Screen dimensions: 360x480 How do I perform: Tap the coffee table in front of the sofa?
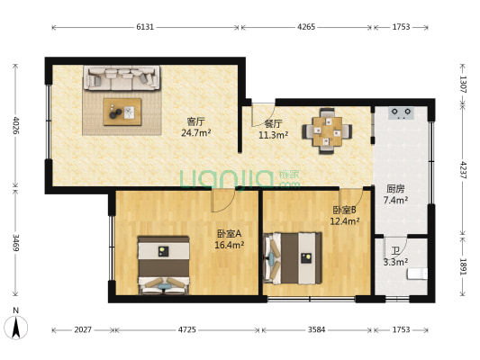122,111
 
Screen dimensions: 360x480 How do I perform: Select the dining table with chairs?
326,129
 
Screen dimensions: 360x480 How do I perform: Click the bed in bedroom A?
163,265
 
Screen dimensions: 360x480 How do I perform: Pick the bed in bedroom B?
293,257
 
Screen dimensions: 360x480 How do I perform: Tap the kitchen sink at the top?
402,113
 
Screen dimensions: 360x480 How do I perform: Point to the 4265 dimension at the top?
307,27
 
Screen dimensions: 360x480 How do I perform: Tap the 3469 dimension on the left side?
15,244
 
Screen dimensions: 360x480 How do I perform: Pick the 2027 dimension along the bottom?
83,329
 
